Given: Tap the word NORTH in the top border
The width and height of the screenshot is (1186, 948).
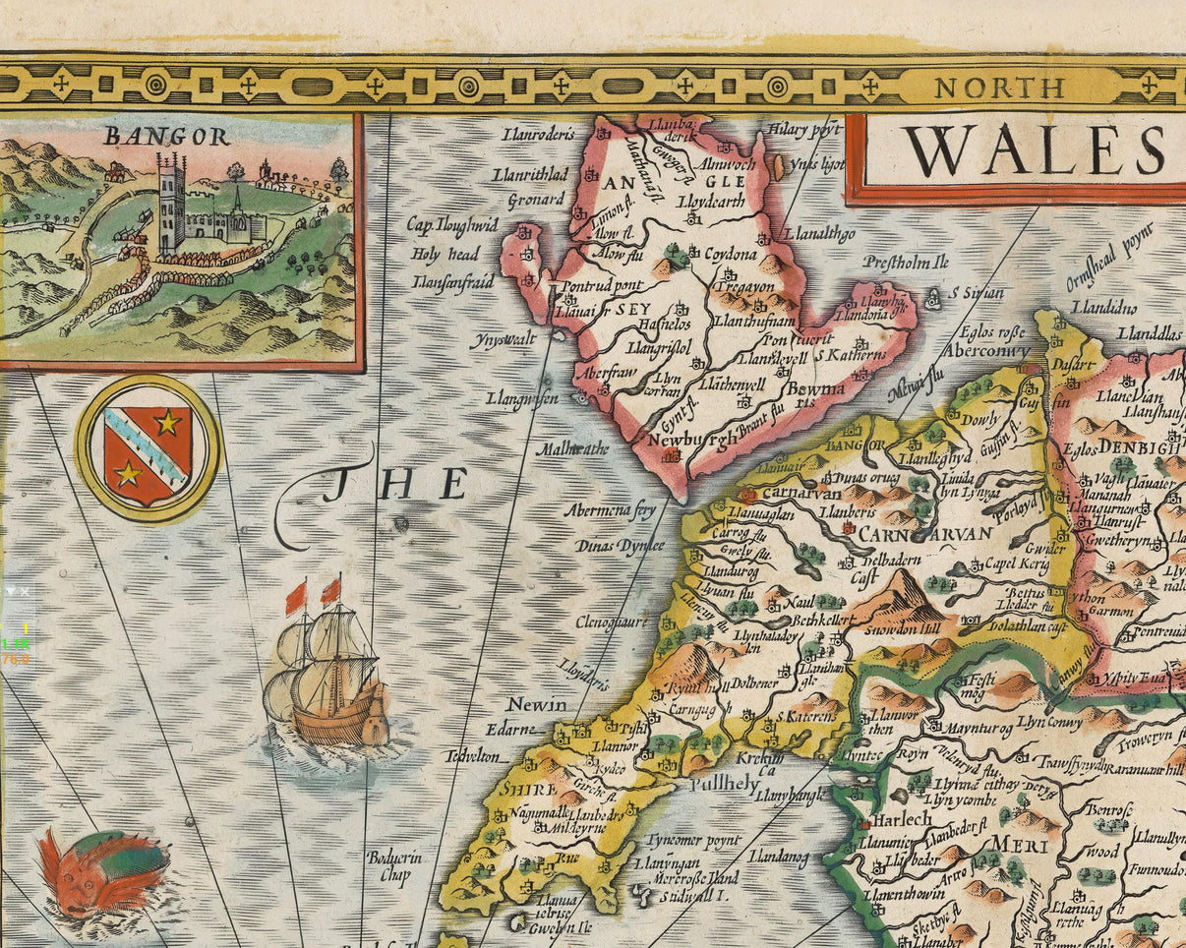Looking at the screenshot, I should [x=999, y=88].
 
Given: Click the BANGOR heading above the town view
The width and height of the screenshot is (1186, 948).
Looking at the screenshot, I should [x=166, y=137].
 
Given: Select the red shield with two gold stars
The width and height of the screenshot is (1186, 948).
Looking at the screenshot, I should [x=148, y=448].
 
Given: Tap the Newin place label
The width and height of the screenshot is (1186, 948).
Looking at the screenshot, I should [x=537, y=705].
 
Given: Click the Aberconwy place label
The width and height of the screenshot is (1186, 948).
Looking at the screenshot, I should [x=986, y=350].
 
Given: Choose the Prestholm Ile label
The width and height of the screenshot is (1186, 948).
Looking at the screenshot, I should [x=906, y=263].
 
